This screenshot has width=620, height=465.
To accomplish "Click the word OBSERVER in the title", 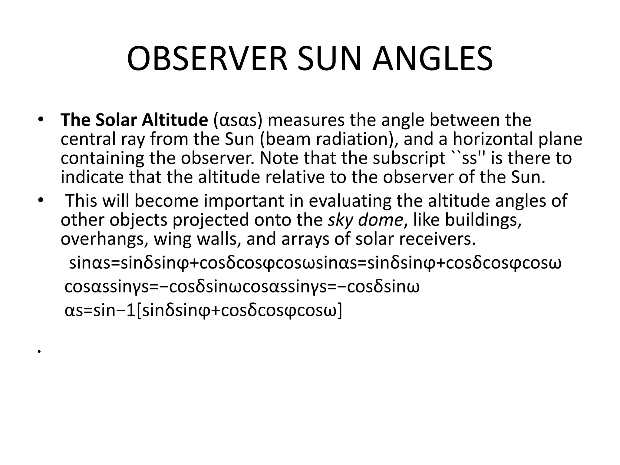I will pos(207,59).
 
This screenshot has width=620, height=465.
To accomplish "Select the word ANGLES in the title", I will pos(433,59).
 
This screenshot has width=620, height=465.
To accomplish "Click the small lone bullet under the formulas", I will pos(39,352).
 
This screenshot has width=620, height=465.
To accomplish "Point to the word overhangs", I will pos(104,239).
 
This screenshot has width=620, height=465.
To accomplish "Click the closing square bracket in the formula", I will pos(340,311).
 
